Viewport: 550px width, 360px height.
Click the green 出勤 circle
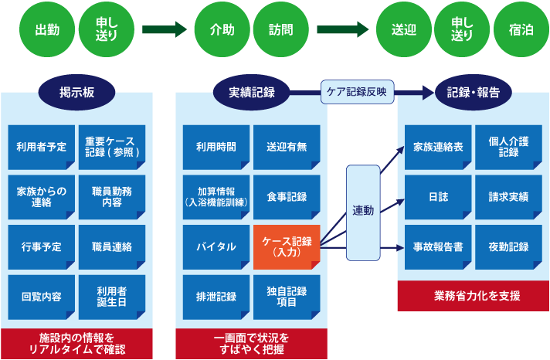(47, 30)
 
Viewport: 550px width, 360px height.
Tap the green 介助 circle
(222, 30)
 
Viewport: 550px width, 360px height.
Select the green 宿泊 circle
(521, 30)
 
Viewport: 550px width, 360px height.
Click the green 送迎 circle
(403, 30)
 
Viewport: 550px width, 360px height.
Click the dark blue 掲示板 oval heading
(77, 92)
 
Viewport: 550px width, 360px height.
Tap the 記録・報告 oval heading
(473, 92)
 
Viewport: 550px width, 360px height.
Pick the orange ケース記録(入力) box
(287, 247)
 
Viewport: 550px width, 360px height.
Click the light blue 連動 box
(363, 210)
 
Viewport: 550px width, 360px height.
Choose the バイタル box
(216, 247)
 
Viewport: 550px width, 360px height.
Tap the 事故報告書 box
(437, 247)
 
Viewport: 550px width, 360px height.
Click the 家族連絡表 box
(437, 147)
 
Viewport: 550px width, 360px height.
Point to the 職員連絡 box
(112, 247)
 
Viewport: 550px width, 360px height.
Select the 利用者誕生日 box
(112, 297)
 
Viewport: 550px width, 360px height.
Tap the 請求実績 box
(508, 197)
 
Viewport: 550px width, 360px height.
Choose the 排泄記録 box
(216, 297)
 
